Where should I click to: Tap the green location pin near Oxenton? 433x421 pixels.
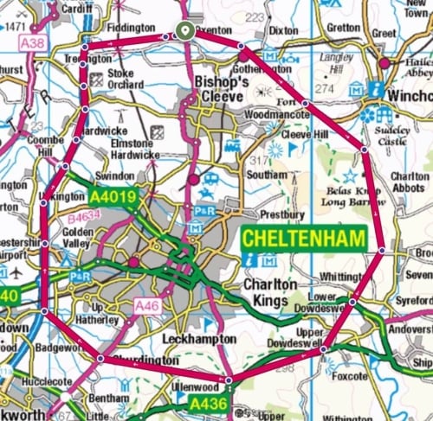(184, 31)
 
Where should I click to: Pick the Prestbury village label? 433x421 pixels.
(284, 214)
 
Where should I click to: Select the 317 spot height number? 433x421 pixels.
(255, 161)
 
